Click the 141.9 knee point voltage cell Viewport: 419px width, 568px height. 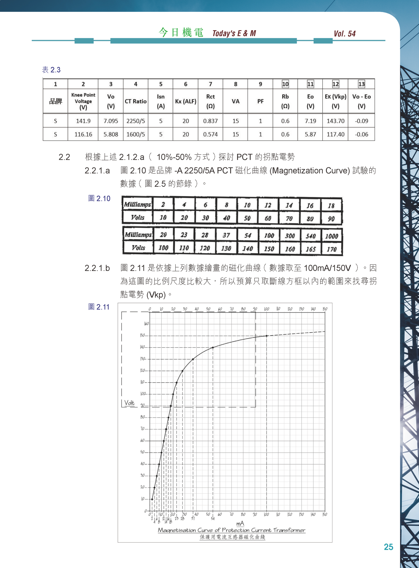pos(83,121)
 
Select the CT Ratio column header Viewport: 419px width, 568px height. pos(136,101)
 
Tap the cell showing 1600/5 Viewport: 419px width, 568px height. pos(136,134)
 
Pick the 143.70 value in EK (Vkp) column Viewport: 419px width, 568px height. pos(335,121)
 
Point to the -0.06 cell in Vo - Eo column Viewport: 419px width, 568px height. pos(361,134)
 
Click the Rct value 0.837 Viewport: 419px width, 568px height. pos(210,121)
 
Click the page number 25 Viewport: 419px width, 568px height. pos(388,547)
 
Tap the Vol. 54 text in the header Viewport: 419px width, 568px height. pos(344,34)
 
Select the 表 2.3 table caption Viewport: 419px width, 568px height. pos(51,70)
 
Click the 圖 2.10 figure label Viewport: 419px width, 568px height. pos(99,198)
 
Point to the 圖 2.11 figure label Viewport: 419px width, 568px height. pos(99,307)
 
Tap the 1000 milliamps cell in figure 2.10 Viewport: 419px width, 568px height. pos(331,236)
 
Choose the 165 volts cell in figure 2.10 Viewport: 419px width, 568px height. pos(310,249)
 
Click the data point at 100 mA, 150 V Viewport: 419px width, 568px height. pos(267,336)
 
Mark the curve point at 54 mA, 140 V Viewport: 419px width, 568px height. pos(213,347)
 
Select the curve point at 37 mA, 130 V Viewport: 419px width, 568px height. pos(193,359)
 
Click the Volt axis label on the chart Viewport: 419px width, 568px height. pos(129,403)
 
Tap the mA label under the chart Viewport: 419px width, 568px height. pos(240,523)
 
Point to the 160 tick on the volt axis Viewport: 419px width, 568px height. pos(146,324)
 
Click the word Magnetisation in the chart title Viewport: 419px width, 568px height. pos(177,530)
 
